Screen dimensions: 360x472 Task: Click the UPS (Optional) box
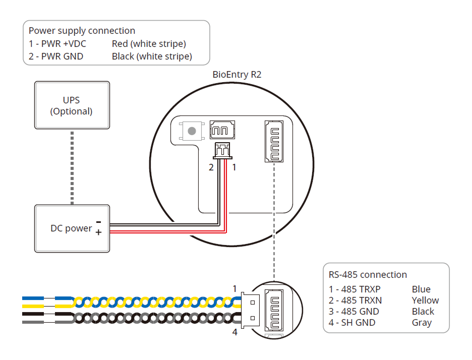pos(71,106)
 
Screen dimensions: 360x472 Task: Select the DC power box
pos(71,228)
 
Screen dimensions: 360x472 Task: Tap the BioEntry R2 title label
pos(237,75)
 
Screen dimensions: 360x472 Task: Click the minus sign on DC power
pos(98,222)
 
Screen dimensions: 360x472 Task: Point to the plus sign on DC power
pos(98,232)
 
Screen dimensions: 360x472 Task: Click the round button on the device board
pos(192,131)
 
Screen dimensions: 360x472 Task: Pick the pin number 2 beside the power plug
pos(211,167)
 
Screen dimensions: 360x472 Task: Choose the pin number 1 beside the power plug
pos(234,167)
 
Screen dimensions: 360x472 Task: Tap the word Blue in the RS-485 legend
pos(421,289)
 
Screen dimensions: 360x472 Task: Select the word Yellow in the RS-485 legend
pos(425,301)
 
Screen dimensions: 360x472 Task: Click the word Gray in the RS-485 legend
pos(422,323)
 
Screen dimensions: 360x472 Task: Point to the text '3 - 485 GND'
pos(353,312)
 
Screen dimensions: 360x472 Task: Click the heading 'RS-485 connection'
pos(368,275)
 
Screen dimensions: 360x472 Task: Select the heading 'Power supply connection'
pos(82,31)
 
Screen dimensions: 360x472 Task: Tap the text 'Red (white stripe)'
pos(149,44)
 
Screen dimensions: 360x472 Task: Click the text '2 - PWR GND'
pos(56,56)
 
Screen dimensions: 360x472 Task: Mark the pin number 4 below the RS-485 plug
pos(234,332)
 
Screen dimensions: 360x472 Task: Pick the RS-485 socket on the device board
pos(272,142)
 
